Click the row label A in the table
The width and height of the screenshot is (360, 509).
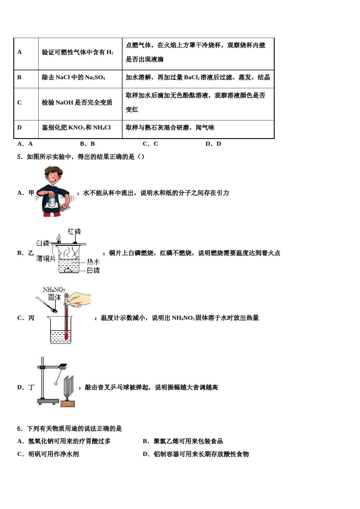click(20, 52)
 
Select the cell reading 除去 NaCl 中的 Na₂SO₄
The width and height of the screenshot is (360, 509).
click(73, 78)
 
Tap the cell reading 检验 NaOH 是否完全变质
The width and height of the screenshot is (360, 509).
click(77, 103)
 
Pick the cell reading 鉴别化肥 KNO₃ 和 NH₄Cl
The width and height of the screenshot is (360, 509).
click(76, 128)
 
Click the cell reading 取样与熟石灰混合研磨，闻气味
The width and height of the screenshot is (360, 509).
click(170, 128)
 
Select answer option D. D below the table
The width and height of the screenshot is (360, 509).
click(213, 144)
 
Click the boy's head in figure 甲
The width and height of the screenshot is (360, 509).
click(54, 175)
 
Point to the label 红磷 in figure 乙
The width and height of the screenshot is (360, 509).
click(74, 231)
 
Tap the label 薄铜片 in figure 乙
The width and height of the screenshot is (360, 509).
click(46, 259)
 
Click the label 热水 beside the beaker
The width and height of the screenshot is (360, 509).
click(93, 261)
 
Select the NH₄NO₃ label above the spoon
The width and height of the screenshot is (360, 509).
click(54, 290)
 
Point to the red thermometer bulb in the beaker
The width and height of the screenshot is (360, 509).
click(66, 336)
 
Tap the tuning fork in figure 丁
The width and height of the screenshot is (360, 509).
click(68, 386)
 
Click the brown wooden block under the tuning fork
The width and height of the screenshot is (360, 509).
click(68, 404)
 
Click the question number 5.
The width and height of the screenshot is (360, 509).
click(19, 157)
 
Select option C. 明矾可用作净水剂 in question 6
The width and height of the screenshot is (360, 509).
click(48, 454)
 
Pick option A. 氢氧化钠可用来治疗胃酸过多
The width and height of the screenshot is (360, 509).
click(64, 441)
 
